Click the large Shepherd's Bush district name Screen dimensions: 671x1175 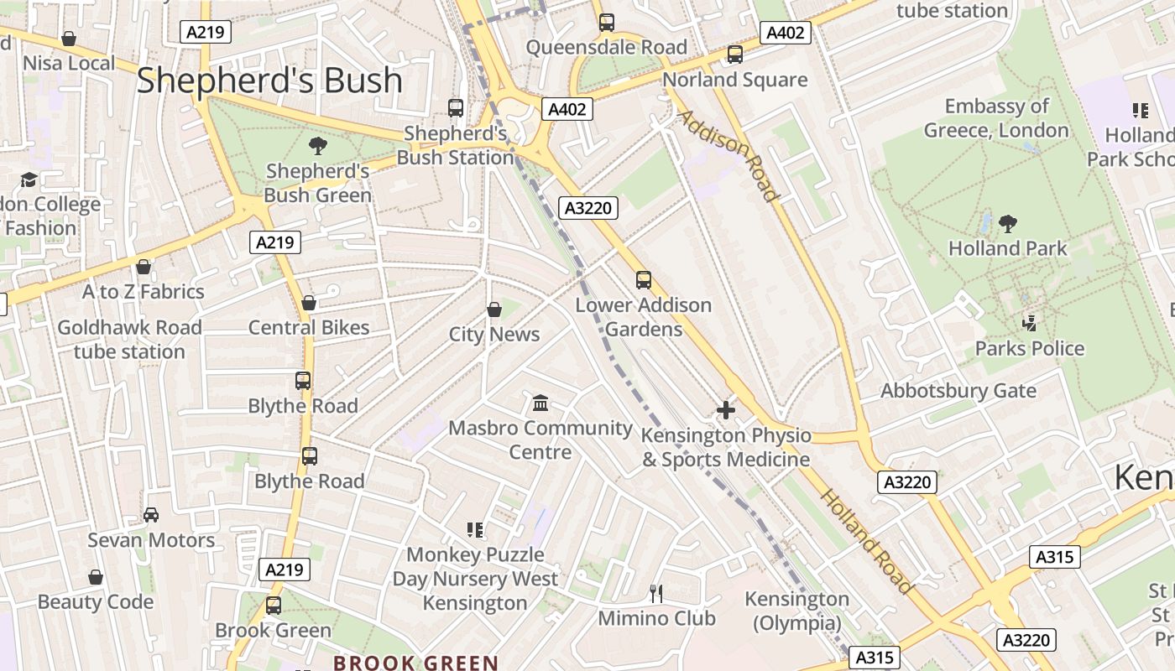[x=269, y=81]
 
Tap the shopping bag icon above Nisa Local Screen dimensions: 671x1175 [x=69, y=39]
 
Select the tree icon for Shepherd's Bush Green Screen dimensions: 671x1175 [x=317, y=146]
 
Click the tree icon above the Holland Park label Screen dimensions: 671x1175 [x=1007, y=224]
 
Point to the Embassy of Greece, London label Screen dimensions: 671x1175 [x=996, y=118]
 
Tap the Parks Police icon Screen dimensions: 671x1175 [x=1029, y=323]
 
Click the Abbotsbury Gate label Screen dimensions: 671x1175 [x=958, y=391]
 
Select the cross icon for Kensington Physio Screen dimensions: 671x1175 [x=726, y=410]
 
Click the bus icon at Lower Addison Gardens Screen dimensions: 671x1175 [x=644, y=280]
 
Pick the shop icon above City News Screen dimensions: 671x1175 [x=494, y=309]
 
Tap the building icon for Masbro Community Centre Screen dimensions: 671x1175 [x=540, y=403]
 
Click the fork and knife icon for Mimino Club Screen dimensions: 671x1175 [x=656, y=594]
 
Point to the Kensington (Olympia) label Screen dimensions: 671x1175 [x=797, y=611]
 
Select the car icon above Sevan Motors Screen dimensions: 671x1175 [x=151, y=515]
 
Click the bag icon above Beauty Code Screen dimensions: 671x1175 [x=96, y=577]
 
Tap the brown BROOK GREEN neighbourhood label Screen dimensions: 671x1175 [x=416, y=663]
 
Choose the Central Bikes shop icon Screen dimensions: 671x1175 [x=309, y=303]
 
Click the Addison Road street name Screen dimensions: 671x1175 [x=728, y=155]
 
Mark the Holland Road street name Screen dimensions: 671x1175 [x=865, y=541]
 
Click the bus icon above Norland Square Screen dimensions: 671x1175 [x=735, y=55]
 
